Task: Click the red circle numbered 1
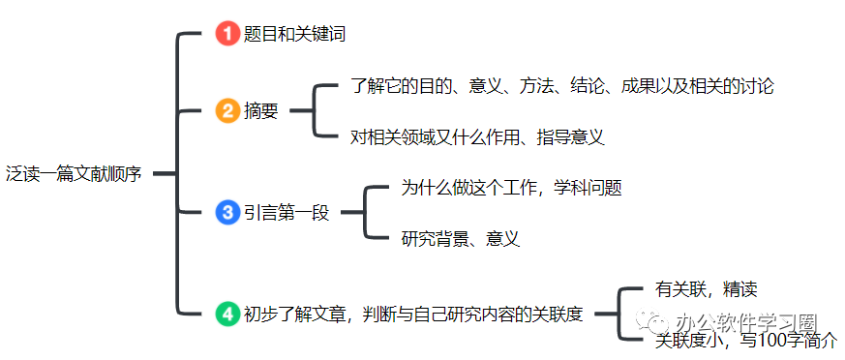pos(226,34)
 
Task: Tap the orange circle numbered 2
pos(226,111)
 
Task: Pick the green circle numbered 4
pos(226,314)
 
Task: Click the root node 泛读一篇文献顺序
pos(74,174)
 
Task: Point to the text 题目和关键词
pos(294,35)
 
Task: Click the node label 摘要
pos(260,111)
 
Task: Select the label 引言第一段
pos(287,214)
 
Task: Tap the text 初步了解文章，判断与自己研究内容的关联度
pos(414,314)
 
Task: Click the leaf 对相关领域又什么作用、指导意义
pos(477,137)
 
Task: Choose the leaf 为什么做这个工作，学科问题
pos(512,188)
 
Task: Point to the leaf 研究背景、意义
pos(461,239)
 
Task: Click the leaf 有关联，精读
pos(706,289)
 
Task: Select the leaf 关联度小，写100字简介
pos(746,341)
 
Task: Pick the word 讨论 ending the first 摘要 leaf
pos(757,86)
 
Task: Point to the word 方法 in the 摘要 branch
pos(536,86)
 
